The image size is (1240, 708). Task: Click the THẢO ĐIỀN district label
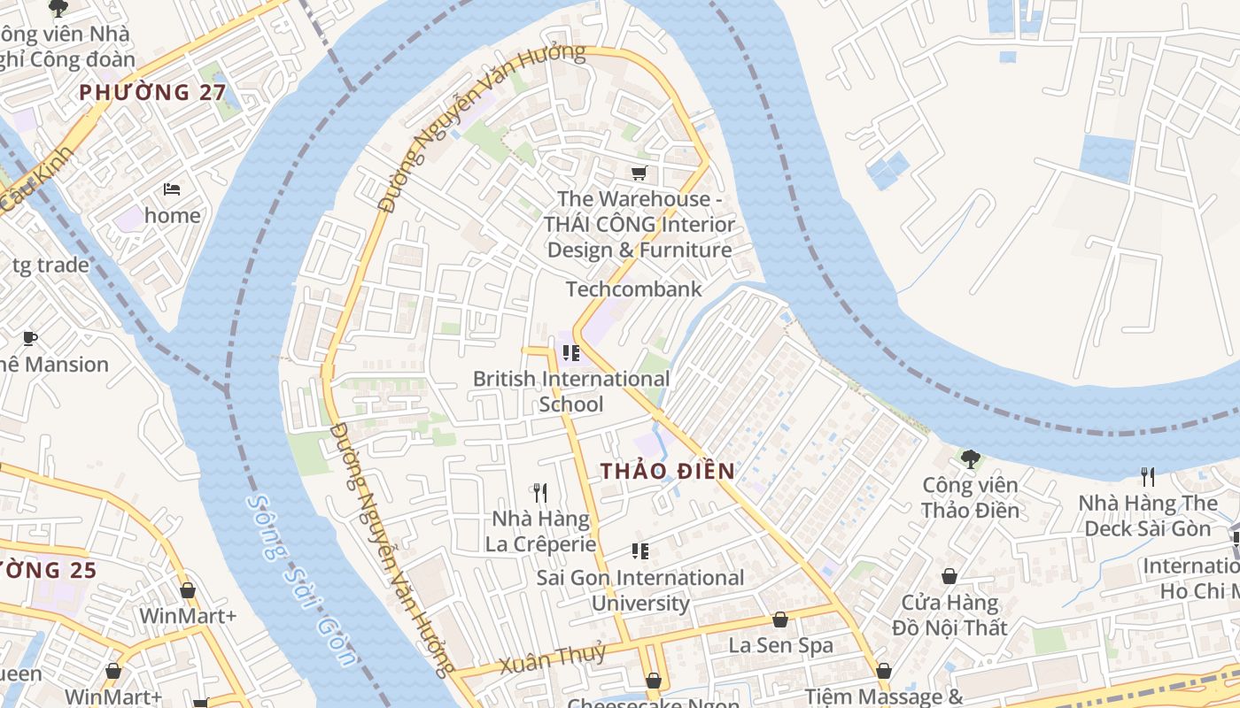[668, 471]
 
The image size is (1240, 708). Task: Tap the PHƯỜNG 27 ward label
[152, 92]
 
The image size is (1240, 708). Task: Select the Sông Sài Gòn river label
[301, 580]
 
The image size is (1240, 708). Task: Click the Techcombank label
[633, 289]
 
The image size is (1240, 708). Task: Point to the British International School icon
[571, 353]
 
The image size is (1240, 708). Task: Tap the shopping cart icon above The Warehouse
[639, 173]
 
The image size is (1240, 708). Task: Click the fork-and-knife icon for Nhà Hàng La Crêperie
[539, 492]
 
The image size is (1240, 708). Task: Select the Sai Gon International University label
[640, 590]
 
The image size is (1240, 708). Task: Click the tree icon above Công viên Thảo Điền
[970, 458]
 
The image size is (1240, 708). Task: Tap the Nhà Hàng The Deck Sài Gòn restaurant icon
[1148, 477]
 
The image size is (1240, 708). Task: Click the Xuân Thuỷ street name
[552, 659]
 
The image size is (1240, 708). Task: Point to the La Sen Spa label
[780, 645]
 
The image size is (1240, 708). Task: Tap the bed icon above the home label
[173, 189]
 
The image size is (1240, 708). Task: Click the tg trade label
[50, 265]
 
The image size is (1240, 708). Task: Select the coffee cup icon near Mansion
[30, 338]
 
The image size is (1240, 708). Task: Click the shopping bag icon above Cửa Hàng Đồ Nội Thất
[949, 576]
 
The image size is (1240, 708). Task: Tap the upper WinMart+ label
[188, 615]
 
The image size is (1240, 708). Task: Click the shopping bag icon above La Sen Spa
[780, 619]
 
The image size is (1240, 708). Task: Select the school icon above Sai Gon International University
[640, 551]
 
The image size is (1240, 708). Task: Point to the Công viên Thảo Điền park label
[970, 497]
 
